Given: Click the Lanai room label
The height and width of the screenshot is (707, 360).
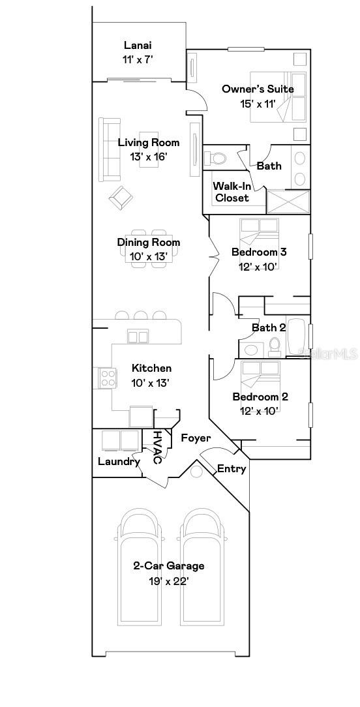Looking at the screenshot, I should tap(138, 45).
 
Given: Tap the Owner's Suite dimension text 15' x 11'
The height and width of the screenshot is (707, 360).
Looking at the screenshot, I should tap(258, 102).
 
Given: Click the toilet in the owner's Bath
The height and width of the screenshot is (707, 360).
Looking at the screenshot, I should tap(215, 158).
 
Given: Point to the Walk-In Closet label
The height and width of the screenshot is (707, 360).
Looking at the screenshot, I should tap(232, 192).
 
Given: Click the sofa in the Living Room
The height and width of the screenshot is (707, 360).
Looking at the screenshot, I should tap(109, 149).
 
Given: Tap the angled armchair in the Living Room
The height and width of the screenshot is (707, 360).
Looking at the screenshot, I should tap(120, 197).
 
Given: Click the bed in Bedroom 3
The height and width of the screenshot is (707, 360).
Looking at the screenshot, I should tap(259, 231).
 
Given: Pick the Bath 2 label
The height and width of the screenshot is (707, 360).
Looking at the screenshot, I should tap(269, 327).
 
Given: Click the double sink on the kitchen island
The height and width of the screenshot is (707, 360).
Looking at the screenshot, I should tap(138, 337).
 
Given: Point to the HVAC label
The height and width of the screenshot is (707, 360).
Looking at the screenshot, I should tap(157, 447).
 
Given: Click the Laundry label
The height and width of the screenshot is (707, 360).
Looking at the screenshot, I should tap(119, 462).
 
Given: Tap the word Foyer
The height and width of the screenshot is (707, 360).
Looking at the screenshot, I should tap(196, 438).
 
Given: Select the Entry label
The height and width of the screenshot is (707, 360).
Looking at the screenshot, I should tap(231, 468).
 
